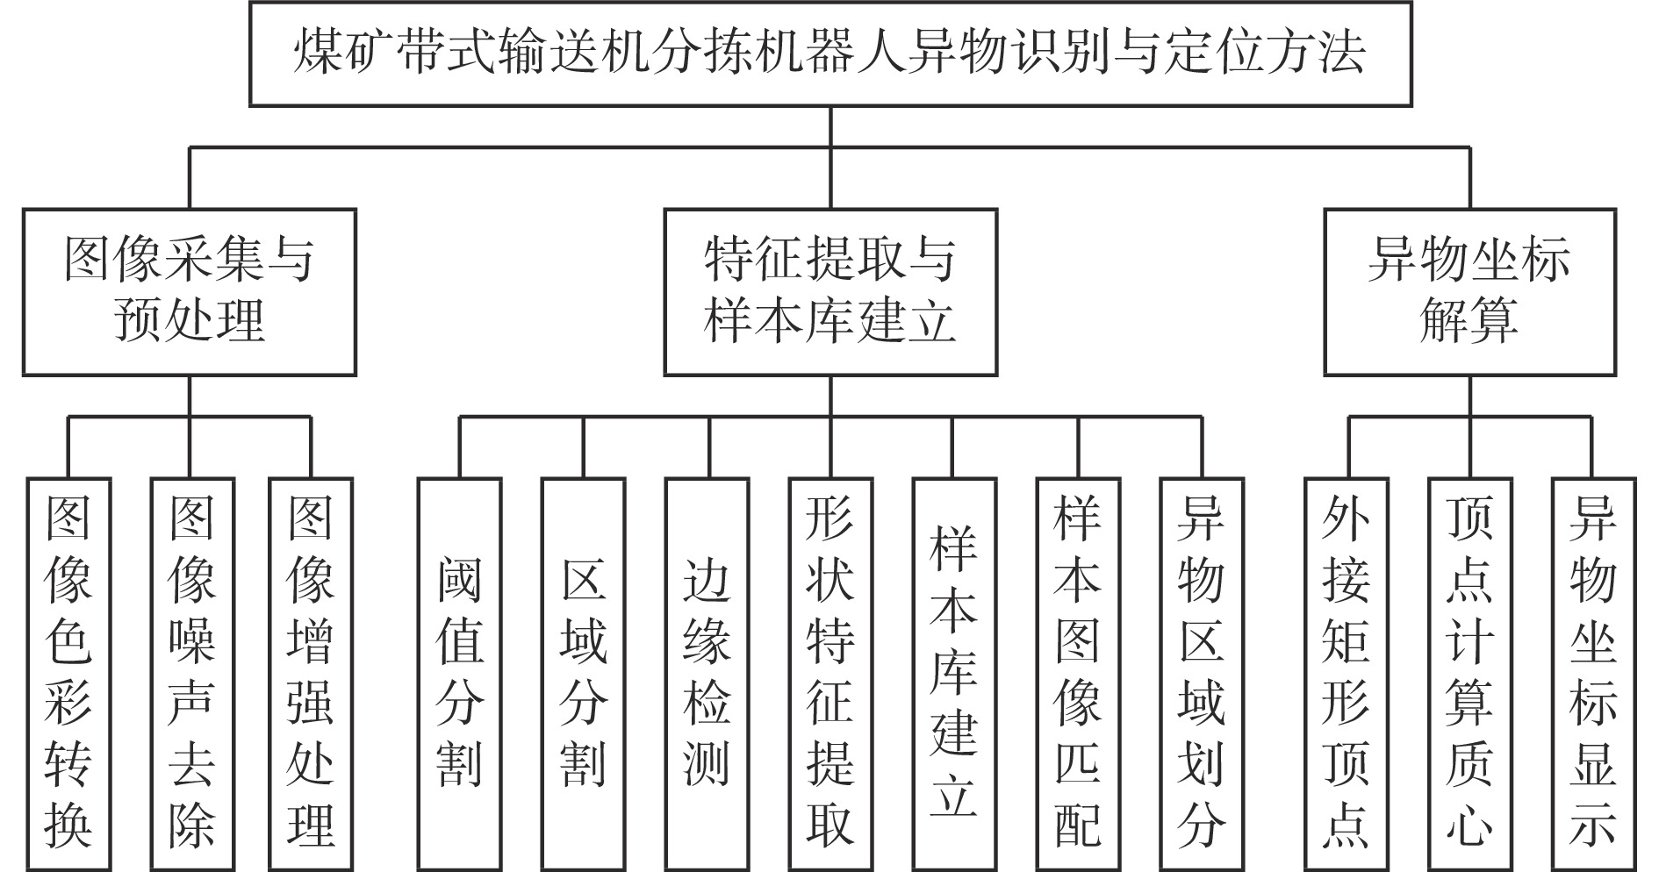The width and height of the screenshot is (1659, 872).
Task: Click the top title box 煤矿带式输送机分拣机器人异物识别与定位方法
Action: [x=830, y=54]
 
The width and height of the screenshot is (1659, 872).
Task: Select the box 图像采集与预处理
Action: [x=190, y=292]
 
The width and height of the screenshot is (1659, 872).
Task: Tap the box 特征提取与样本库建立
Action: [x=830, y=292]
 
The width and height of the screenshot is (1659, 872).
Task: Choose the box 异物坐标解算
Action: [x=1470, y=292]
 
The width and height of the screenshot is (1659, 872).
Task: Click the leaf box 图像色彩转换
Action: [x=68, y=675]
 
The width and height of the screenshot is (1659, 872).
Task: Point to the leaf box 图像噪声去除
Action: [x=192, y=675]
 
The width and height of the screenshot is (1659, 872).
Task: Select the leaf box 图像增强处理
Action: [x=311, y=675]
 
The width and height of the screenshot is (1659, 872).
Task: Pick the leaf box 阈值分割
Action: [x=459, y=675]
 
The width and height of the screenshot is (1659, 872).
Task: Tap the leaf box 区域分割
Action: [x=583, y=675]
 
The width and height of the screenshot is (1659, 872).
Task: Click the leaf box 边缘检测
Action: [x=707, y=675]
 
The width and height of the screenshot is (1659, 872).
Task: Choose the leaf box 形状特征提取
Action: [x=830, y=675]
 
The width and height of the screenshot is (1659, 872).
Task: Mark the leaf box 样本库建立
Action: [x=954, y=675]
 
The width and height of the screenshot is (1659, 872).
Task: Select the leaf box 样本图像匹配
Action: [x=1078, y=675]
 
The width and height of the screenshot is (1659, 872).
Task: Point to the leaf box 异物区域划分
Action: [x=1202, y=675]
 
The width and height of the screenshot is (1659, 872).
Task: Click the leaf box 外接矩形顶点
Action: [x=1347, y=675]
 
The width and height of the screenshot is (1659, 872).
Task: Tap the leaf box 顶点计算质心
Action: [x=1470, y=675]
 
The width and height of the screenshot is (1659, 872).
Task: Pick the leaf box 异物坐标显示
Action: [x=1594, y=675]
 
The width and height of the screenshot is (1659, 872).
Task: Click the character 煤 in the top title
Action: [x=319, y=53]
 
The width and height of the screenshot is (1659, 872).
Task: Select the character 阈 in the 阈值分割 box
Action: [x=459, y=581]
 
